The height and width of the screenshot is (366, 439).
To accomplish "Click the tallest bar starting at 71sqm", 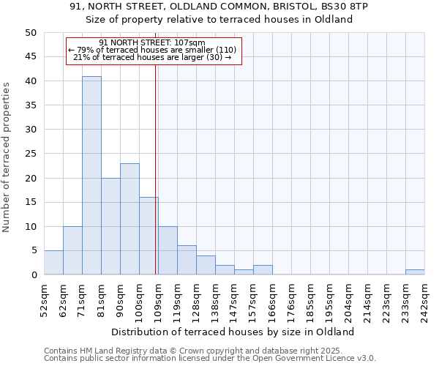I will [x=91, y=176].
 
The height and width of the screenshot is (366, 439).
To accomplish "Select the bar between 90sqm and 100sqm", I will [x=130, y=219].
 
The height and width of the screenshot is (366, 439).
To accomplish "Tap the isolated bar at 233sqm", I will [x=415, y=272].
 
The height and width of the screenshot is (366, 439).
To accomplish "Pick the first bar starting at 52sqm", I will [x=53, y=263].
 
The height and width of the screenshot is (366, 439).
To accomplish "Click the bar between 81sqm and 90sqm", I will [x=110, y=226].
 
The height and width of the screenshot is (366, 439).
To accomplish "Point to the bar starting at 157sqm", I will [x=263, y=270].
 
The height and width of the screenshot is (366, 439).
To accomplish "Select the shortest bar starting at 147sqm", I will [x=244, y=272].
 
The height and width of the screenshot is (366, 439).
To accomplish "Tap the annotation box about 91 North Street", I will [x=154, y=51].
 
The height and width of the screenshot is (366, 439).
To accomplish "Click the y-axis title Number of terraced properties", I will [x=7, y=157].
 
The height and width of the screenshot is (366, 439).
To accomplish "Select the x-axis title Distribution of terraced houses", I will [x=233, y=332].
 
